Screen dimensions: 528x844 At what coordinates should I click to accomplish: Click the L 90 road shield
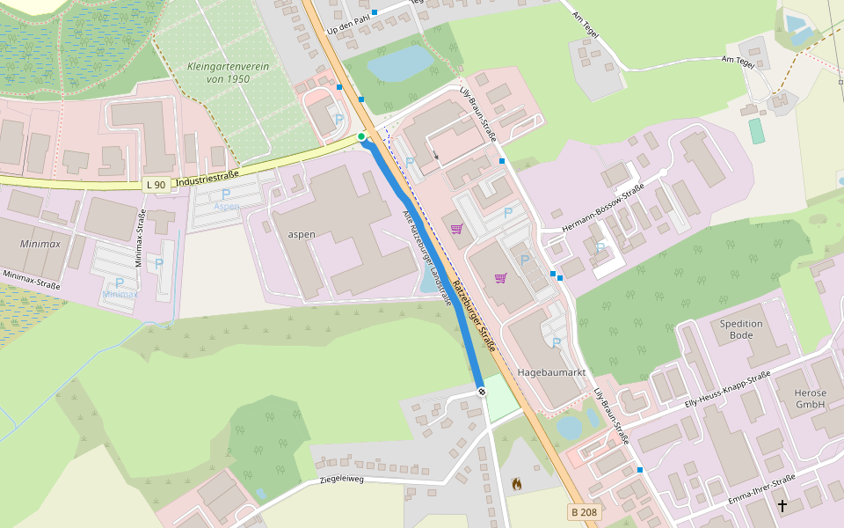coord(156,184)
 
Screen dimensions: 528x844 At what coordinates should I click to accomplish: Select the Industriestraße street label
coord(207,179)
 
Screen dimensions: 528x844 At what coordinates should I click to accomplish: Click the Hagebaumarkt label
coord(551,373)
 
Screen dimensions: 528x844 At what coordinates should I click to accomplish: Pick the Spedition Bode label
coord(741,329)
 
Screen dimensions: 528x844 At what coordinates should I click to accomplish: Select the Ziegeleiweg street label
coord(341,480)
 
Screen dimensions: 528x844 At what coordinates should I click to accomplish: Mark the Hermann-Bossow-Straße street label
coord(603,210)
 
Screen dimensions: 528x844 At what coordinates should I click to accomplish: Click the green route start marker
coord(361,136)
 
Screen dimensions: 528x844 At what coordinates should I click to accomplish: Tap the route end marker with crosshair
coord(481,392)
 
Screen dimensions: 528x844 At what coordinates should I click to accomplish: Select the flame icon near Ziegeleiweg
coord(516,483)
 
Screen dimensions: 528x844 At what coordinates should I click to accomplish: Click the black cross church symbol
coord(782,505)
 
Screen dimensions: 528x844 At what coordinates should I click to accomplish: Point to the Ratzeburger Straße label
coord(475,315)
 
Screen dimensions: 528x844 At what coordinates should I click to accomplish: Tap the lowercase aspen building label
coord(301,236)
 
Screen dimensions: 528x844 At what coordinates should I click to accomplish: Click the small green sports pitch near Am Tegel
coord(756,131)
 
